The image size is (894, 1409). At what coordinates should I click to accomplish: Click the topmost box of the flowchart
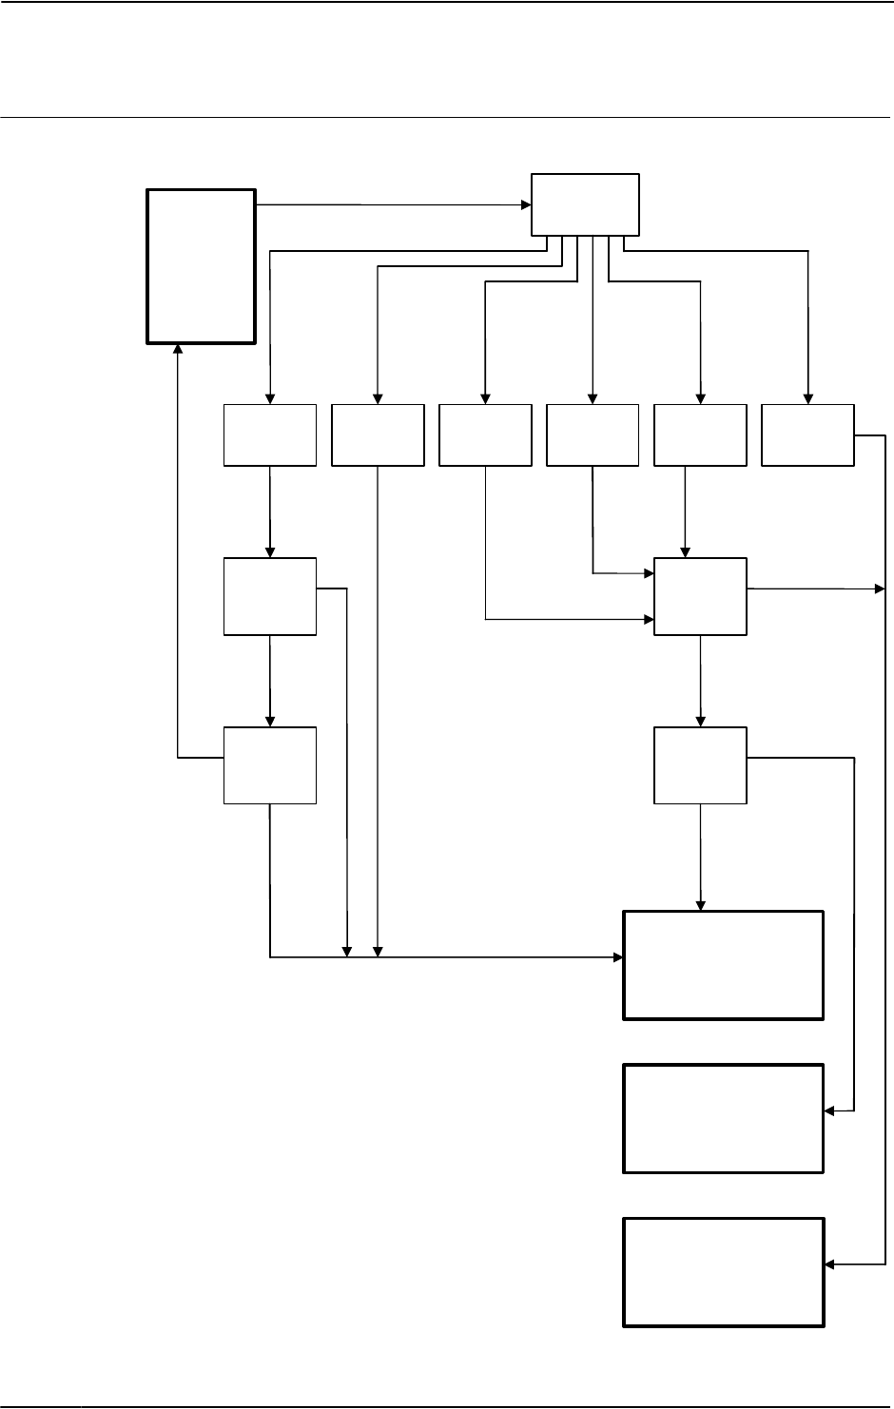pyautogui.click(x=585, y=203)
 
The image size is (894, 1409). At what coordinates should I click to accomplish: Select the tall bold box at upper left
pyautogui.click(x=201, y=265)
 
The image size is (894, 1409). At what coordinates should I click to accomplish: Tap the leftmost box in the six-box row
pyautogui.click(x=270, y=435)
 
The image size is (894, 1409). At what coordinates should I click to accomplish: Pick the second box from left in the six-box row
pyautogui.click(x=378, y=435)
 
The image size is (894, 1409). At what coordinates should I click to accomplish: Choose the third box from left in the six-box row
pyautogui.click(x=485, y=435)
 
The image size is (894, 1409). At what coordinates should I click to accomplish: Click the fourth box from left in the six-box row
pyautogui.click(x=593, y=435)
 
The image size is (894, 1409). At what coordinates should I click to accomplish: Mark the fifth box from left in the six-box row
pyautogui.click(x=700, y=435)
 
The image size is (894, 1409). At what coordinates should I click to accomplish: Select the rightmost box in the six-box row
pyautogui.click(x=807, y=435)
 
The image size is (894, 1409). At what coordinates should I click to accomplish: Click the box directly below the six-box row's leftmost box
pyautogui.click(x=270, y=596)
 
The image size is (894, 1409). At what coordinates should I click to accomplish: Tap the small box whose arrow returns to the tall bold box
pyautogui.click(x=270, y=765)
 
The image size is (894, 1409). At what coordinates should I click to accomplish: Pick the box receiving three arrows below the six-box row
pyautogui.click(x=700, y=596)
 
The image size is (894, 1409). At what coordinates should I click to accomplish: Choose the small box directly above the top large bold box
pyautogui.click(x=700, y=765)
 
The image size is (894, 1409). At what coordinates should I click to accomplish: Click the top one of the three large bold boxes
pyautogui.click(x=723, y=965)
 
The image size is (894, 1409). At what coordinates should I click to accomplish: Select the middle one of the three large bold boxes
pyautogui.click(x=723, y=1118)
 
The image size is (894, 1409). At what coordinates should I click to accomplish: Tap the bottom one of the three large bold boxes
pyautogui.click(x=723, y=1271)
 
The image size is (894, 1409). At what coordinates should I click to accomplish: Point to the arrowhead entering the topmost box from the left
pyautogui.click(x=525, y=204)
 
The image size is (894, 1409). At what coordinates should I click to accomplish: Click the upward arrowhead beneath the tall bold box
pyautogui.click(x=178, y=349)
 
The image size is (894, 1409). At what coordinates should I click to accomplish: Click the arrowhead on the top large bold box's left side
pyautogui.click(x=617, y=957)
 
